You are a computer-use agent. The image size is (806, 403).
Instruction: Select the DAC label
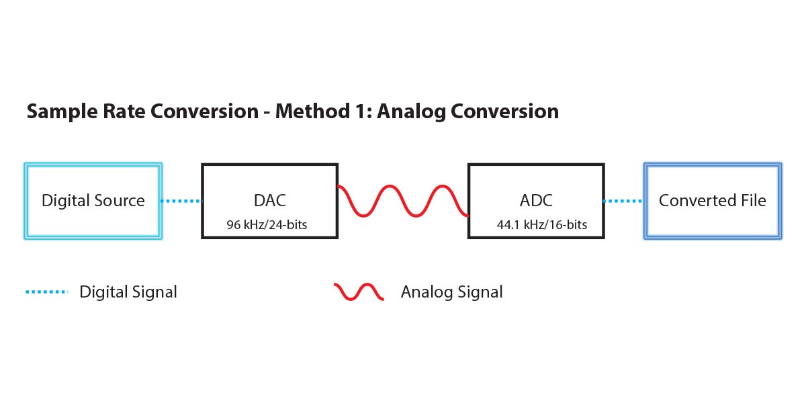[x=270, y=200]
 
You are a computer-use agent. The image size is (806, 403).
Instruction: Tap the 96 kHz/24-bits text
[x=267, y=224]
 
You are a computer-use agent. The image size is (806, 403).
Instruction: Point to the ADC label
[x=536, y=200]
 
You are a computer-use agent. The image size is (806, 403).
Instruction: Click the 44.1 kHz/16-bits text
[x=542, y=224]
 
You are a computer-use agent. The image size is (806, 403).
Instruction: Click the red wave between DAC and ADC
[x=403, y=201]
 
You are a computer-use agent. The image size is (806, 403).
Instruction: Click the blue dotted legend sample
[x=47, y=292]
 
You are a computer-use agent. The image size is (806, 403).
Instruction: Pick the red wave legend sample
[x=359, y=292]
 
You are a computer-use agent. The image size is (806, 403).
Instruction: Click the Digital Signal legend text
[x=128, y=292]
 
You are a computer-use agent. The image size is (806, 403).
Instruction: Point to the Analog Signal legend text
[x=452, y=292]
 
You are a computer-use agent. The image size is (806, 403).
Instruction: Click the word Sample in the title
[x=62, y=111]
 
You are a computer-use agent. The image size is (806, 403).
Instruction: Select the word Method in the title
[x=313, y=111]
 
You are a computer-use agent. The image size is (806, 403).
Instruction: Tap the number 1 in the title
[x=363, y=111]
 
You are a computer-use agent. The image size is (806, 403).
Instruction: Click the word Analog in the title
[x=412, y=112]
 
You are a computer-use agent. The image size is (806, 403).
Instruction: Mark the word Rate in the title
[x=124, y=111]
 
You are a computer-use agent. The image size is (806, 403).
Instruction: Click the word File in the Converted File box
[x=754, y=200]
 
